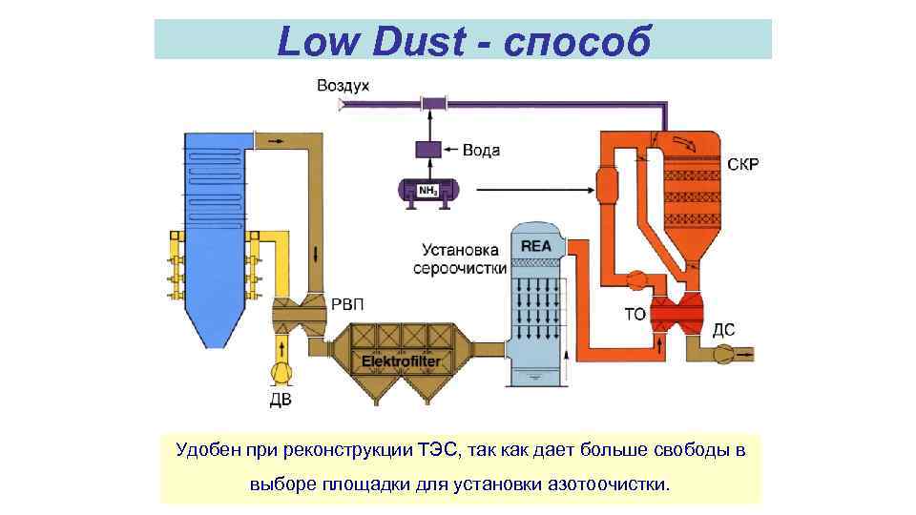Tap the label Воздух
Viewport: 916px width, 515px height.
click(343, 86)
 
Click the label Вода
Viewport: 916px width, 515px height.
click(481, 151)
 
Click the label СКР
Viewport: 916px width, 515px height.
click(743, 165)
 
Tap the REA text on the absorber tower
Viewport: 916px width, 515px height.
click(535, 246)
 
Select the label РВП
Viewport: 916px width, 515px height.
click(347, 304)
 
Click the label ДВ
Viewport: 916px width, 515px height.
click(281, 400)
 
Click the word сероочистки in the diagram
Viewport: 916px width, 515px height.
click(460, 269)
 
